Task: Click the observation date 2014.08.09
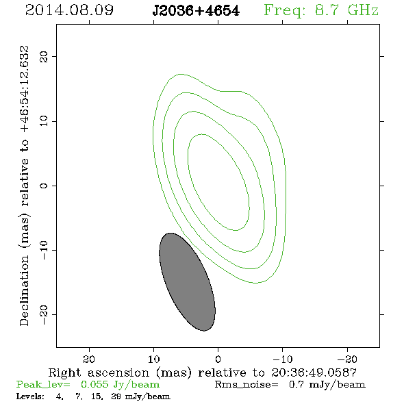pyautogui.click(x=69, y=10)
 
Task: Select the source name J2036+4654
pyautogui.click(x=196, y=11)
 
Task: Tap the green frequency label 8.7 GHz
pyautogui.click(x=346, y=10)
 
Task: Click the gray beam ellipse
pyautogui.click(x=188, y=282)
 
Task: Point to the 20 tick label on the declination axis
pyautogui.click(x=44, y=57)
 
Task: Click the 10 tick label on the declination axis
pyautogui.click(x=44, y=121)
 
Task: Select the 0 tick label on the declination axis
pyautogui.click(x=44, y=186)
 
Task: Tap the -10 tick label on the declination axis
pyautogui.click(x=44, y=250)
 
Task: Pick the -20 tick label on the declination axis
pyautogui.click(x=44, y=314)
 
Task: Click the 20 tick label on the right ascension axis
pyautogui.click(x=89, y=359)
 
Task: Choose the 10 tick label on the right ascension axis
pyautogui.click(x=153, y=359)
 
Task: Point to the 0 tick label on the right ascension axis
pyautogui.click(x=218, y=359)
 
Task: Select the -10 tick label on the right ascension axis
pyautogui.click(x=283, y=359)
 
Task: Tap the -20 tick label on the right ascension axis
pyautogui.click(x=347, y=359)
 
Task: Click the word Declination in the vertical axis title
pyautogui.click(x=24, y=290)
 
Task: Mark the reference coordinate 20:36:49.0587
pyautogui.click(x=314, y=373)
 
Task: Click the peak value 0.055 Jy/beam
pyautogui.click(x=121, y=385)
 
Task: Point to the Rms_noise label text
pyautogui.click(x=247, y=385)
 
